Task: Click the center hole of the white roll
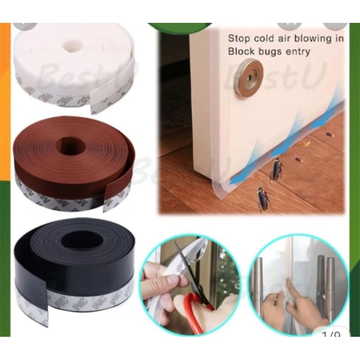73,45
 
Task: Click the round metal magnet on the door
249,77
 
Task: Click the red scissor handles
193,309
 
